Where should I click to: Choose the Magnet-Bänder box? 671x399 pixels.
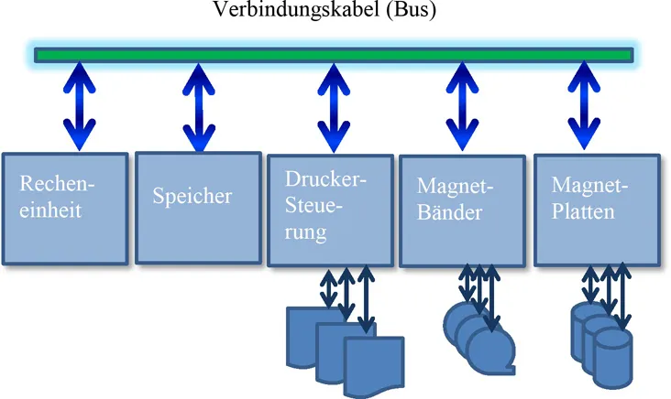pos(461,210)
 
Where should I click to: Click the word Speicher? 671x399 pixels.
pos(193,197)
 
